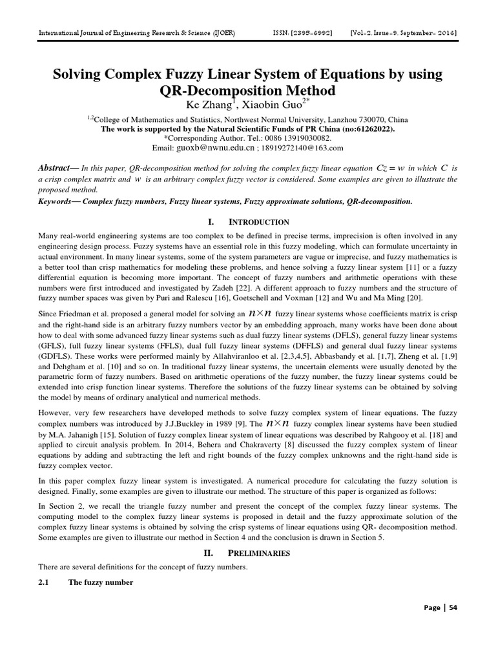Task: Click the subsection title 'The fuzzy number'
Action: [x=101, y=582]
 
